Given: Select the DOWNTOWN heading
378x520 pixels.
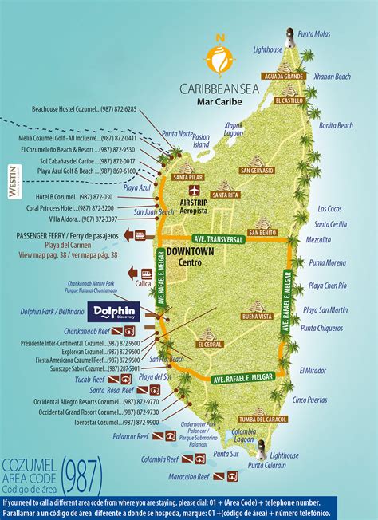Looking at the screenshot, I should pos(189,251).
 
